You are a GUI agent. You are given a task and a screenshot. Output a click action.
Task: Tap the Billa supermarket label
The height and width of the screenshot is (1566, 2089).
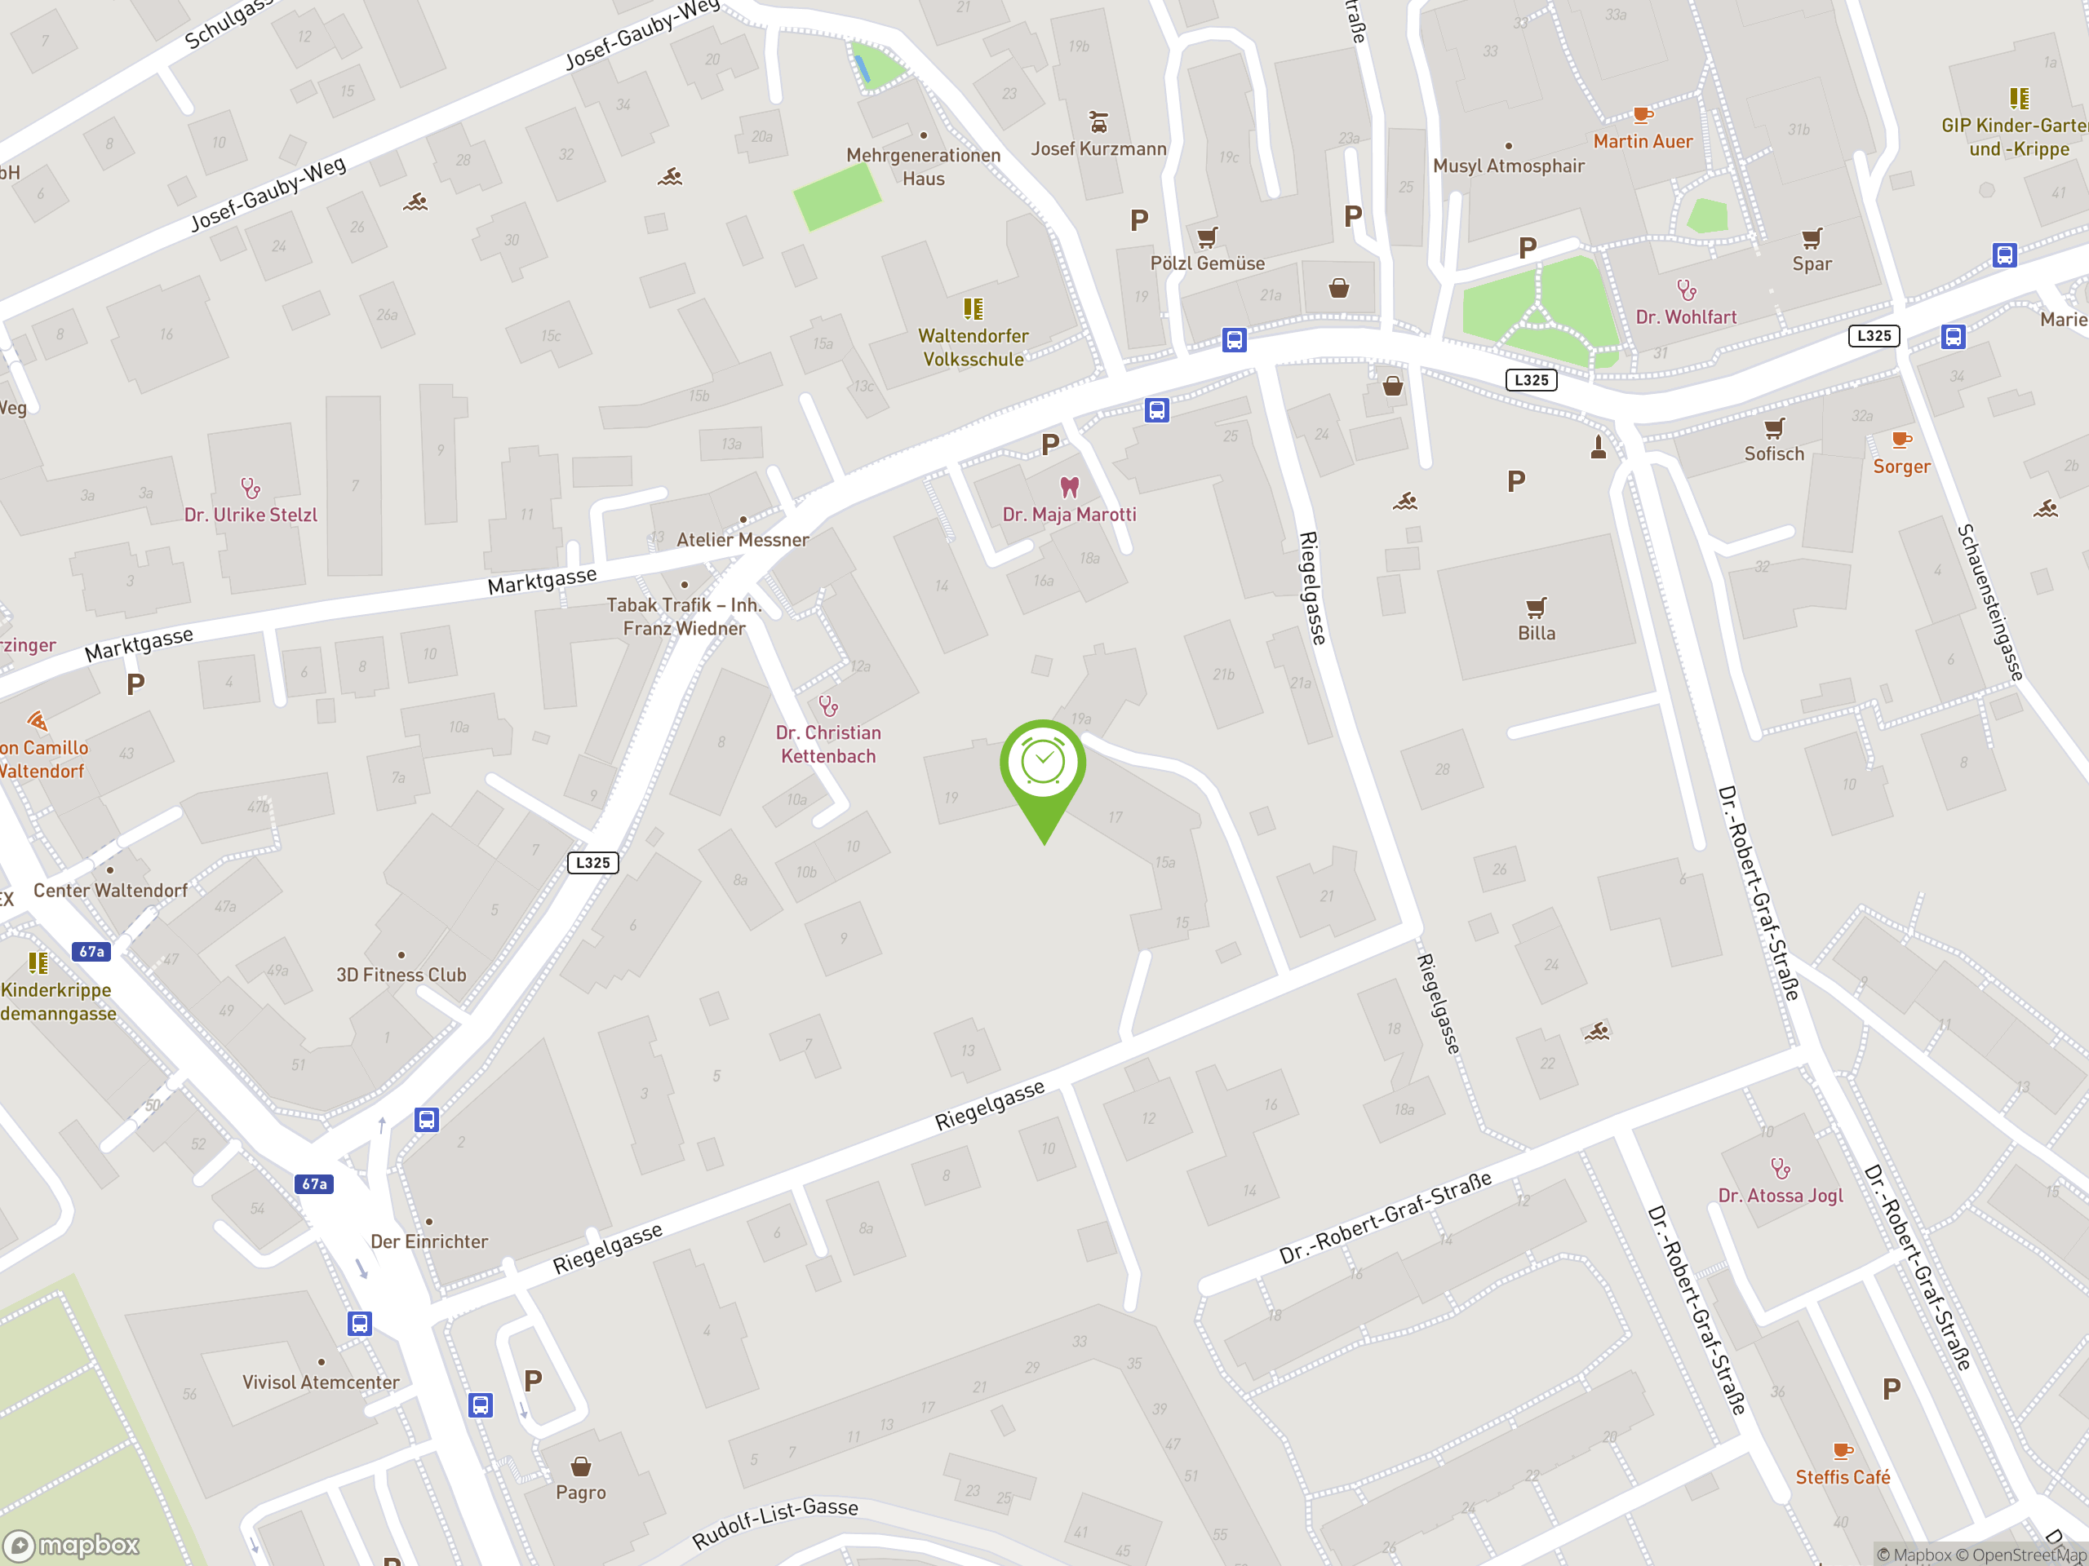1536,632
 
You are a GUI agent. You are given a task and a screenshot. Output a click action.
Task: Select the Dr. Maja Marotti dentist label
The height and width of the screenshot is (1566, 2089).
1069,515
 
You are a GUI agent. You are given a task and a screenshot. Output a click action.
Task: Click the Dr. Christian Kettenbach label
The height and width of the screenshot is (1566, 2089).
828,744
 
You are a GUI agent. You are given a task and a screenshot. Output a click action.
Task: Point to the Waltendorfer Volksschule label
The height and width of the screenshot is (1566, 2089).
973,347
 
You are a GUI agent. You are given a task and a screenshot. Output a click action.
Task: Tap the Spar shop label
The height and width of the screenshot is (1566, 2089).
1812,264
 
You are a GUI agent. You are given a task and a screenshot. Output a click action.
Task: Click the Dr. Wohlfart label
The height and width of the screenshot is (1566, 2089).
1686,317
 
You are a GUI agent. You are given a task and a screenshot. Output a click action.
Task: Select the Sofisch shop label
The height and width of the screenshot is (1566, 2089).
1773,454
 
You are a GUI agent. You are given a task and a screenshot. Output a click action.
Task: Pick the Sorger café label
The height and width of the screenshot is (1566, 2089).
1901,467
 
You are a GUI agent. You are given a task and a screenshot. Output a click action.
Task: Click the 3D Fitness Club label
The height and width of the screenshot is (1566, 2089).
401,975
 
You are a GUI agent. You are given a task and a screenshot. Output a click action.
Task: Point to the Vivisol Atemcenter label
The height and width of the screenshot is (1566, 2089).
321,1382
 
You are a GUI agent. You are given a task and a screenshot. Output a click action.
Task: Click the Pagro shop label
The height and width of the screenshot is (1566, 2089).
581,1493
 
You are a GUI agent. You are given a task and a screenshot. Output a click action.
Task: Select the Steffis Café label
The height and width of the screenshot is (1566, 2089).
1843,1477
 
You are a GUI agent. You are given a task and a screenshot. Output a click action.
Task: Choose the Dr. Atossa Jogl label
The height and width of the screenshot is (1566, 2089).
1781,1196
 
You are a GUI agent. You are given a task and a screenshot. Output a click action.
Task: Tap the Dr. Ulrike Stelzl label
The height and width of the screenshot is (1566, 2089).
251,515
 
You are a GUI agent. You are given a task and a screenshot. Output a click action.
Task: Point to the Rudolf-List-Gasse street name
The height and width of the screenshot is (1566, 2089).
775,1523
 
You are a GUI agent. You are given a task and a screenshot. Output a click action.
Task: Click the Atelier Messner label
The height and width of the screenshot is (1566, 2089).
743,540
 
